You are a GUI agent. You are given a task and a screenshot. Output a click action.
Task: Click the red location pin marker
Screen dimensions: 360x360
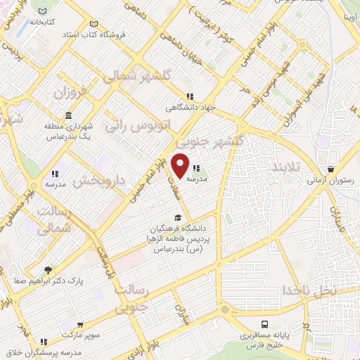(x=181, y=165)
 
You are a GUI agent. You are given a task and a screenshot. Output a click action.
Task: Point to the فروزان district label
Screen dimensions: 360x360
(x=68, y=93)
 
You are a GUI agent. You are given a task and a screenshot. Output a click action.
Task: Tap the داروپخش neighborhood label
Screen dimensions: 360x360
(x=98, y=181)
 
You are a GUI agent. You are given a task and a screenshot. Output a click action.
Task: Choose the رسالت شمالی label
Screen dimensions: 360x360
(x=53, y=220)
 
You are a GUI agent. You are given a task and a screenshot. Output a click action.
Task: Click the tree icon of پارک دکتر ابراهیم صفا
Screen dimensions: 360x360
(x=49, y=269)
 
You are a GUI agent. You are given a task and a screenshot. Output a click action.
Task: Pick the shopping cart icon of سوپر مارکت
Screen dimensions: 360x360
(x=82, y=325)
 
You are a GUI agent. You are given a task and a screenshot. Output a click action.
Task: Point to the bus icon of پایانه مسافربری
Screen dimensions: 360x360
(x=264, y=324)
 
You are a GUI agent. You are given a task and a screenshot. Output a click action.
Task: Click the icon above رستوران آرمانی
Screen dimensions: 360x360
(x=330, y=169)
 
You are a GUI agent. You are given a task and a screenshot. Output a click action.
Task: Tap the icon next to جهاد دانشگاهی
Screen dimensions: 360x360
(x=189, y=96)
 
